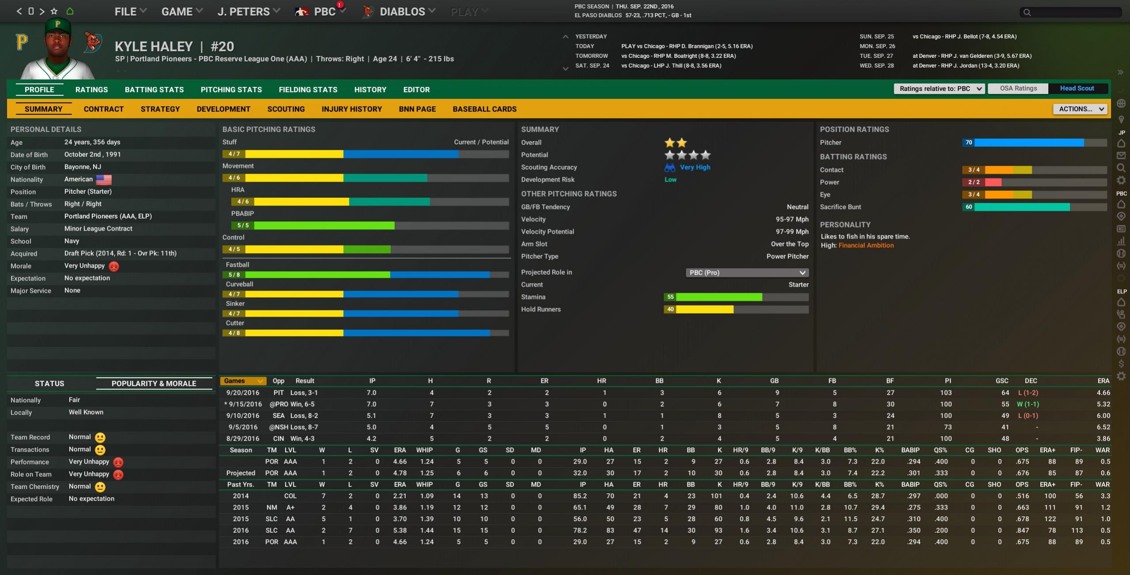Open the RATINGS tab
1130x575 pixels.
(91, 90)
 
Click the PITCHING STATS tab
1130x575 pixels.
(231, 90)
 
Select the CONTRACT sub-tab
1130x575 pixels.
(104, 109)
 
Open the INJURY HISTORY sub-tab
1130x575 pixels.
(351, 109)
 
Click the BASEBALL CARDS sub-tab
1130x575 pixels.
(484, 109)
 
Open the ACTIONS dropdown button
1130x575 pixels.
(1080, 109)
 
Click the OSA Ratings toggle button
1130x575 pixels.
(1018, 88)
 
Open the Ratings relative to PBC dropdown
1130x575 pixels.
(939, 89)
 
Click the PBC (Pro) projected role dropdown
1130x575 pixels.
(747, 272)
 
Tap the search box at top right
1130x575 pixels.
(1073, 12)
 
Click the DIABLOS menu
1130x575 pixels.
(402, 12)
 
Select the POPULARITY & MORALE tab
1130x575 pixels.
(154, 383)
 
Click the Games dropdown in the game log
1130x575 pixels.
(242, 381)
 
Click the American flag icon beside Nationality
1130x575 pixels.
(104, 179)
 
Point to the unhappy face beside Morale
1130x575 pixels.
(114, 266)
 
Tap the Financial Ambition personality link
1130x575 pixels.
(865, 246)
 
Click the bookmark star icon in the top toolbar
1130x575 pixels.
(54, 11)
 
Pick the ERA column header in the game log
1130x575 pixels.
(1103, 381)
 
